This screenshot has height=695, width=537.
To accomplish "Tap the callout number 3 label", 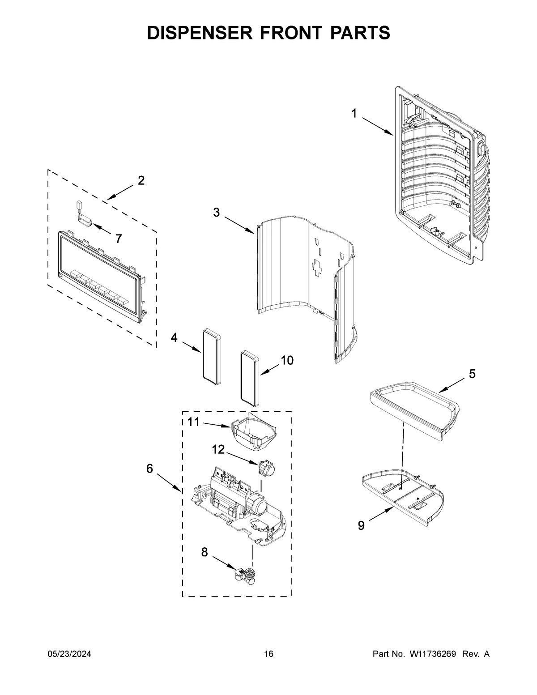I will click(216, 213).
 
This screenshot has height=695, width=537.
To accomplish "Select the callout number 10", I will click(287, 360).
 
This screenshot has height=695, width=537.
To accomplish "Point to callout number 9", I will click(361, 525).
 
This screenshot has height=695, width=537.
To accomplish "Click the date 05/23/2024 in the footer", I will click(69, 654).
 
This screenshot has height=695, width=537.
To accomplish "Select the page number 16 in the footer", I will click(268, 654).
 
